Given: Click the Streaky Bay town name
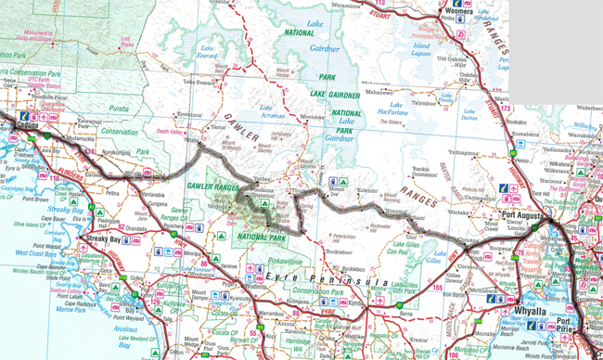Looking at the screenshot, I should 99,240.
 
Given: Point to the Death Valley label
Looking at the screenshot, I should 171,131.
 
